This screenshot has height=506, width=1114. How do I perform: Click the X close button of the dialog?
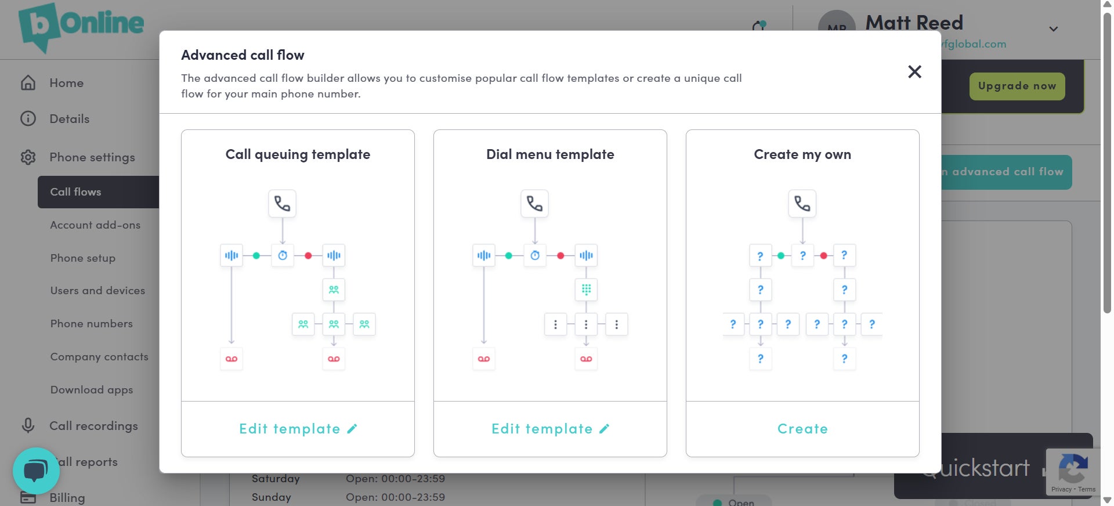point(914,72)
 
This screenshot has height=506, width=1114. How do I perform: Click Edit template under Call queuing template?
point(298,429)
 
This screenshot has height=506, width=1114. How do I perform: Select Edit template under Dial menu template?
point(550,429)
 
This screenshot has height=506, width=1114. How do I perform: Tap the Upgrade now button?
point(1017,86)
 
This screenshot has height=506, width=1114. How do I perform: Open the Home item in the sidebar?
point(66,83)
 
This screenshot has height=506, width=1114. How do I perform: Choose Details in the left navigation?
point(69,119)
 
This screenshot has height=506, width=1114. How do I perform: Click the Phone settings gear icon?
point(28,157)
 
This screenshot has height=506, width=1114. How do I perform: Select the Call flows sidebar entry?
point(75,192)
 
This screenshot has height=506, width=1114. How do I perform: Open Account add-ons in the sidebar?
point(95,225)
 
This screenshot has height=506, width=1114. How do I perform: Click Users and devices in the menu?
point(97,291)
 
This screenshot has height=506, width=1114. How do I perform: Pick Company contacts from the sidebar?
point(99,357)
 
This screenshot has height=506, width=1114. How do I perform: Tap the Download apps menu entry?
point(92,390)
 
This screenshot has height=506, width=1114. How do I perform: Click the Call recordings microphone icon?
point(28,426)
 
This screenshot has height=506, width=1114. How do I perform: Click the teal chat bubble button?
point(36,471)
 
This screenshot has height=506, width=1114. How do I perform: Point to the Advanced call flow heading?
point(243,55)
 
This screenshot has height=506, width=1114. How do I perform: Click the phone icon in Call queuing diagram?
point(282,204)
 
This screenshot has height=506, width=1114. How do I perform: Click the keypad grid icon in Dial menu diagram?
point(586,289)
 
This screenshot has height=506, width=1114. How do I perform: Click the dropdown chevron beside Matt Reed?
point(1054,29)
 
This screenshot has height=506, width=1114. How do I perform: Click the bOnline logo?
point(81,26)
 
